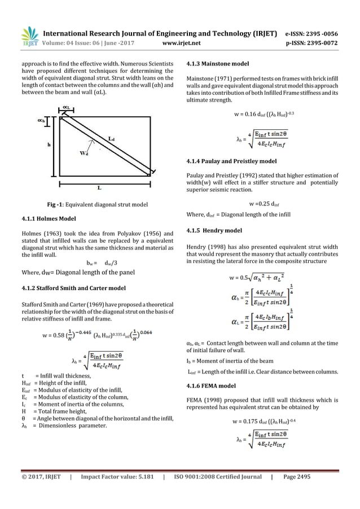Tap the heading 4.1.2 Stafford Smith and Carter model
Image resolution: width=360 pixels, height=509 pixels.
[x=77, y=290]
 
